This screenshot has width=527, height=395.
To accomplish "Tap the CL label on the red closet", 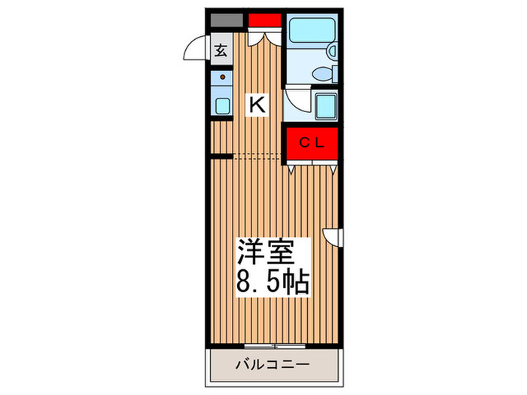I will click(x=312, y=142).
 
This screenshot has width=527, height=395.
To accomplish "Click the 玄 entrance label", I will click(x=221, y=50).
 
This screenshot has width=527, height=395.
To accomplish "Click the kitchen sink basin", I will click(x=222, y=105).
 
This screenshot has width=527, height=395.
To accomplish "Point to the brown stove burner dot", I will click(x=223, y=77).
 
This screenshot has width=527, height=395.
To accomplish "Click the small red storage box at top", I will click(x=263, y=20).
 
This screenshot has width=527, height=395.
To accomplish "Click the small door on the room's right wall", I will click(x=333, y=237).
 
